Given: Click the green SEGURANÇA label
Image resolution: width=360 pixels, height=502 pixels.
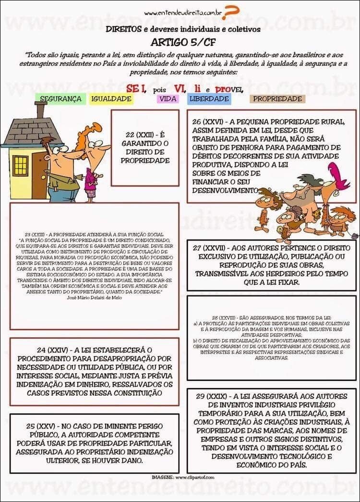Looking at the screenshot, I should pos(60,99).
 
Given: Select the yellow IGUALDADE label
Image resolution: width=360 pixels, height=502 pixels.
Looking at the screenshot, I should pos(111,99).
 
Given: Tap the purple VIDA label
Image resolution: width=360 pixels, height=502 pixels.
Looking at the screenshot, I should pos(168,99).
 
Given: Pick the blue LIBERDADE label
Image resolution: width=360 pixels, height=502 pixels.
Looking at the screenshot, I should pos(209,99).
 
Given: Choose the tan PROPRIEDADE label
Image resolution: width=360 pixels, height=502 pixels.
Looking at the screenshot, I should pos(277,99).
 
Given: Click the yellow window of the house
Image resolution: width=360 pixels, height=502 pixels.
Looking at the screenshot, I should pos(21,166).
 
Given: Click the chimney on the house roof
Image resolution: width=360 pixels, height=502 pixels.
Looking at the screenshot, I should pos(41,110).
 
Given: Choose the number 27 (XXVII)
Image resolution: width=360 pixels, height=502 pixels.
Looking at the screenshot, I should pos(210,248).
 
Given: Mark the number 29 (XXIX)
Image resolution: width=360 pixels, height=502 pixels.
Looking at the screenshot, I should pos(211,396).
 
